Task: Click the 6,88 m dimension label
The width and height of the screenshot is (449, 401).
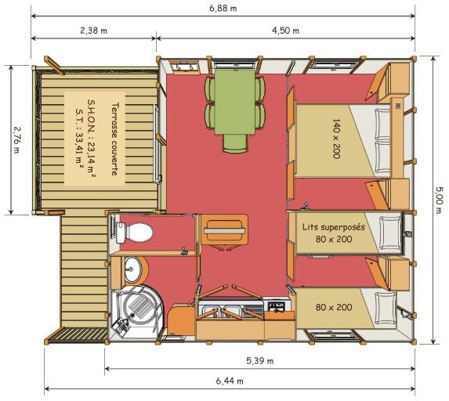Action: pyautogui.click(x=223, y=8)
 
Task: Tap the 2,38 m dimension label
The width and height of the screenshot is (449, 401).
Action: pyautogui.click(x=93, y=31)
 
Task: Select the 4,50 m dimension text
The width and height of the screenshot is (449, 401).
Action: pyautogui.click(x=285, y=31)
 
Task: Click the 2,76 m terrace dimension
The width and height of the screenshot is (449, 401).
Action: pyautogui.click(x=16, y=140)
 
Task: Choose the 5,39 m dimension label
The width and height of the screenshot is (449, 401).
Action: pyautogui.click(x=259, y=361)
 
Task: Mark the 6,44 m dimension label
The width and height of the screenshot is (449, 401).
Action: pyautogui.click(x=230, y=381)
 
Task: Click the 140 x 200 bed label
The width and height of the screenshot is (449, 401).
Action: pyautogui.click(x=336, y=139)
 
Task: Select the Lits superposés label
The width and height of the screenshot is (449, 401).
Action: pyautogui.click(x=334, y=227)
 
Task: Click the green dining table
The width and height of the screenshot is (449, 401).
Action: pyautogui.click(x=235, y=102)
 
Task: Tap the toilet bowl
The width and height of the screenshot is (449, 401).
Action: pyautogui.click(x=135, y=233)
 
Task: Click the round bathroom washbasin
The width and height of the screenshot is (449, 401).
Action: pyautogui.click(x=133, y=269)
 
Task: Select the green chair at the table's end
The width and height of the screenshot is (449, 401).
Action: pyautogui.click(x=235, y=143)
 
